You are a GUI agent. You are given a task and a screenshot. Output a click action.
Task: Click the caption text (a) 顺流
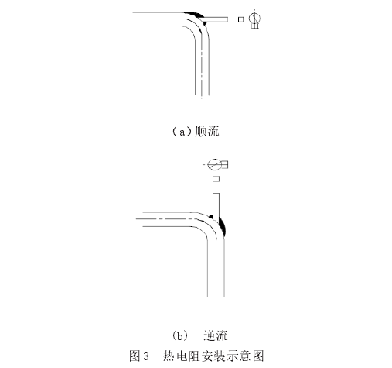coord(196,132)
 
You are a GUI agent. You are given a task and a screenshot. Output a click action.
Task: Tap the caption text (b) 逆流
coord(199,335)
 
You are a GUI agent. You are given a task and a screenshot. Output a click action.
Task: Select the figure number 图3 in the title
coord(139,356)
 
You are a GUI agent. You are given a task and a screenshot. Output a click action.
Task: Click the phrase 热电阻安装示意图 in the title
coord(213,356)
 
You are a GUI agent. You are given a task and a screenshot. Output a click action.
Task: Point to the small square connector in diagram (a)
coord(240,19)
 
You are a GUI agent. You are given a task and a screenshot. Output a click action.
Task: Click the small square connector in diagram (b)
coord(216,179)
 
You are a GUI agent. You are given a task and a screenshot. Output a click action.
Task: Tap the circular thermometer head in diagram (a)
coord(254,18)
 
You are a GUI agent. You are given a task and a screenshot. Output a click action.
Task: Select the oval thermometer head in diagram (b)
coord(215,164)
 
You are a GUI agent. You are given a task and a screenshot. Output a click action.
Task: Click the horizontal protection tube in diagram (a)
coord(214,19)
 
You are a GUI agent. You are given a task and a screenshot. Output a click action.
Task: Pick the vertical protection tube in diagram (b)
coord(216,205)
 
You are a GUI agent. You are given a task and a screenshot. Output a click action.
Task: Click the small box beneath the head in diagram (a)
coord(255,26)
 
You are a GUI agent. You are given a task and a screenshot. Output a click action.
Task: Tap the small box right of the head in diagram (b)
coord(225,164)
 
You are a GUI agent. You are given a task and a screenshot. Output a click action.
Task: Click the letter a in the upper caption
coord(182,132)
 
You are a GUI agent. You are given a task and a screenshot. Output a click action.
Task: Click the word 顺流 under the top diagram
coord(207,132)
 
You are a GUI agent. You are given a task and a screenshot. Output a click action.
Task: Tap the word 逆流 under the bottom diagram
coord(216,335)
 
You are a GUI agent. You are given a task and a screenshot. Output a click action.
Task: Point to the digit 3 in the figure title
coord(146,356)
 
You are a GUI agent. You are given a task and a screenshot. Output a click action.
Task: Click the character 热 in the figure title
coord(169,356)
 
